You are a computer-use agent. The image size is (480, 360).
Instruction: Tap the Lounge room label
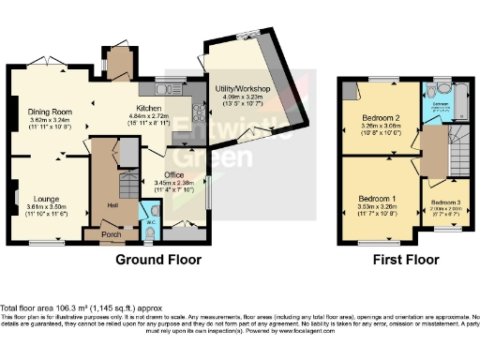click(x=47, y=198)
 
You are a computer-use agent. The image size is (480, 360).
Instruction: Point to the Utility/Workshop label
click(x=241, y=88)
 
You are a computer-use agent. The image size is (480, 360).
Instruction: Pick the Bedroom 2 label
click(x=382, y=118)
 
